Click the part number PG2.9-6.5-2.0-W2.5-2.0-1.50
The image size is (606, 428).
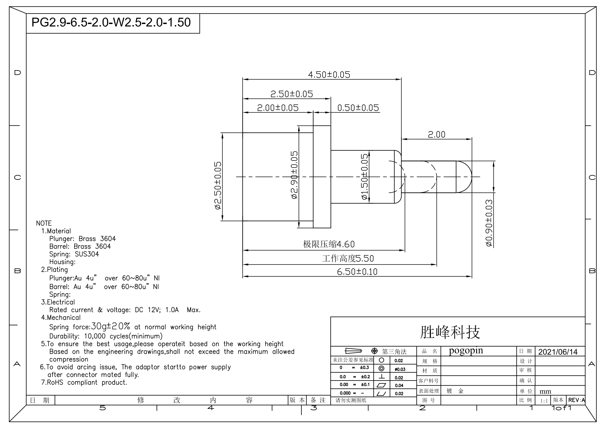[111, 23]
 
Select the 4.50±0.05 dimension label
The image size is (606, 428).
[329, 74]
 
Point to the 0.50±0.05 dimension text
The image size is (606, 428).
[358, 108]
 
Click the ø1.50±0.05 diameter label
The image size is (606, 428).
[365, 176]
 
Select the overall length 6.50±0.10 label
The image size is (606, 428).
[357, 272]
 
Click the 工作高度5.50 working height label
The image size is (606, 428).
[348, 259]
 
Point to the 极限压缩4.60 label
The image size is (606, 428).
[329, 244]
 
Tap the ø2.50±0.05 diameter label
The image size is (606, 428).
[218, 185]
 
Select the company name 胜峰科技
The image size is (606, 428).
[450, 332]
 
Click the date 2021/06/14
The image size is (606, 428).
[558, 352]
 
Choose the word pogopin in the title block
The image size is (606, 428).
[466, 351]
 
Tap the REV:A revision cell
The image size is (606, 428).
[576, 400]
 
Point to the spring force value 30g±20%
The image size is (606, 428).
[111, 326]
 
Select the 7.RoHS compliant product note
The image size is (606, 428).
[84, 382]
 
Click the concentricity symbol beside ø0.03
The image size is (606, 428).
[381, 368]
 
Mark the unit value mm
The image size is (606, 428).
[545, 391]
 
